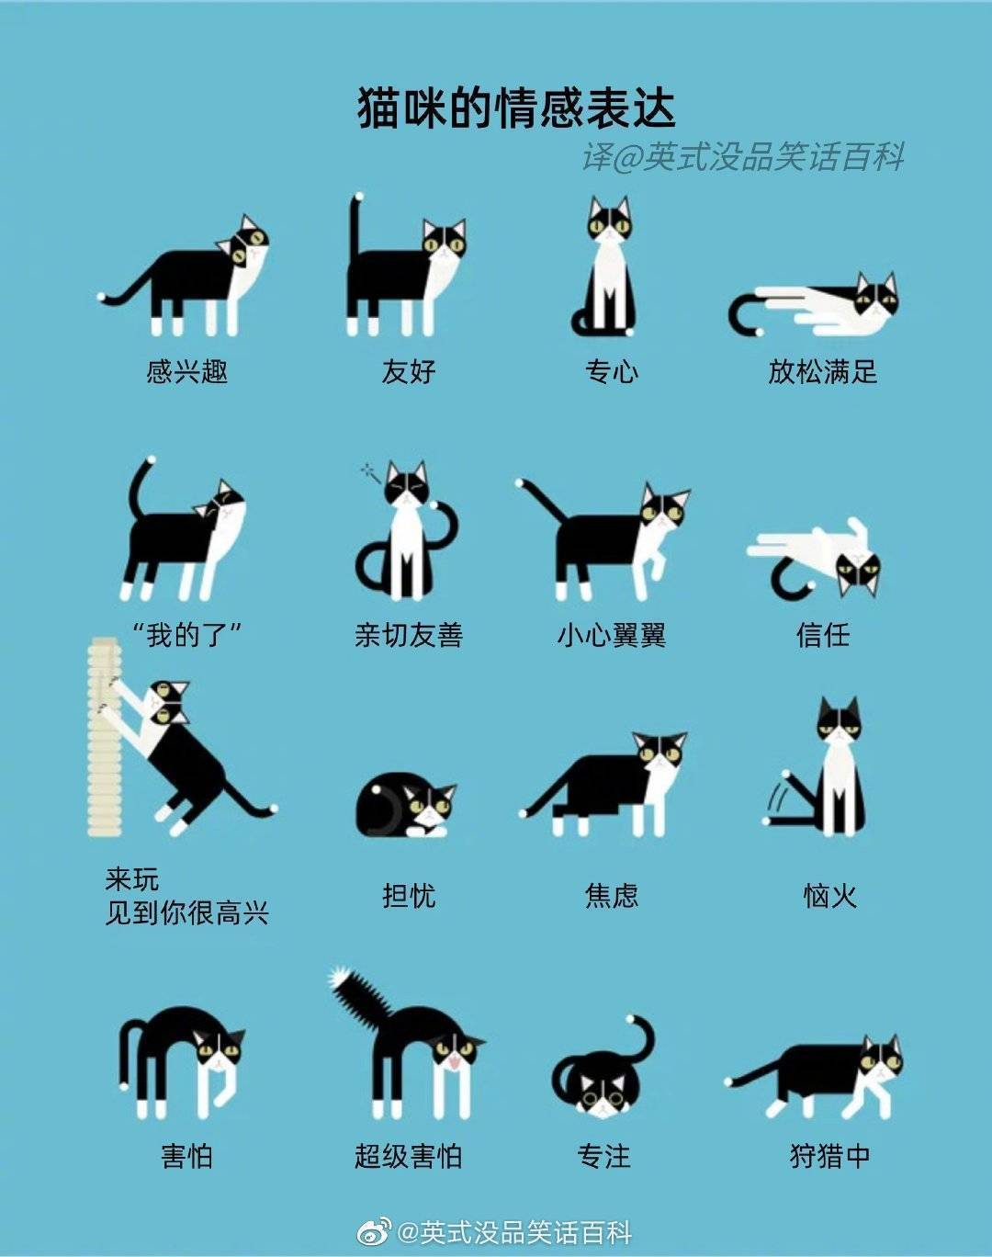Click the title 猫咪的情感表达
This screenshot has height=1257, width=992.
click(x=516, y=108)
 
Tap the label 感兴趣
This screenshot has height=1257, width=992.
click(x=186, y=371)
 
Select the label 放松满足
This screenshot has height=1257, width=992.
click(x=823, y=371)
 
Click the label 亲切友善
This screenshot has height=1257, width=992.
click(x=408, y=635)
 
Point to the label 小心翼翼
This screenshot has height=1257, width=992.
click(x=612, y=635)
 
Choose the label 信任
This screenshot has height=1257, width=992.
click(x=823, y=635)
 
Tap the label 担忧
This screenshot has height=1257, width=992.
click(x=409, y=896)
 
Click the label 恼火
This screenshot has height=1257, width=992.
click(x=829, y=896)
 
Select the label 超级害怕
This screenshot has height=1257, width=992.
click(x=408, y=1156)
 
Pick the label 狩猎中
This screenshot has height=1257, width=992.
click(x=829, y=1156)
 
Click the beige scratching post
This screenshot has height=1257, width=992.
click(x=104, y=737)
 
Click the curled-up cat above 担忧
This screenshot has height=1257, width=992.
click(x=406, y=804)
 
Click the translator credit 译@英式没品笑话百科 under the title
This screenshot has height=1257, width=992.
click(x=742, y=156)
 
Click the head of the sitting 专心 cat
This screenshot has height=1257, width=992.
click(x=610, y=220)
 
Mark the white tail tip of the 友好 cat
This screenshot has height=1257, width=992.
click(x=358, y=197)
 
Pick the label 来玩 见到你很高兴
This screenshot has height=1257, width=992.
click(x=186, y=896)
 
